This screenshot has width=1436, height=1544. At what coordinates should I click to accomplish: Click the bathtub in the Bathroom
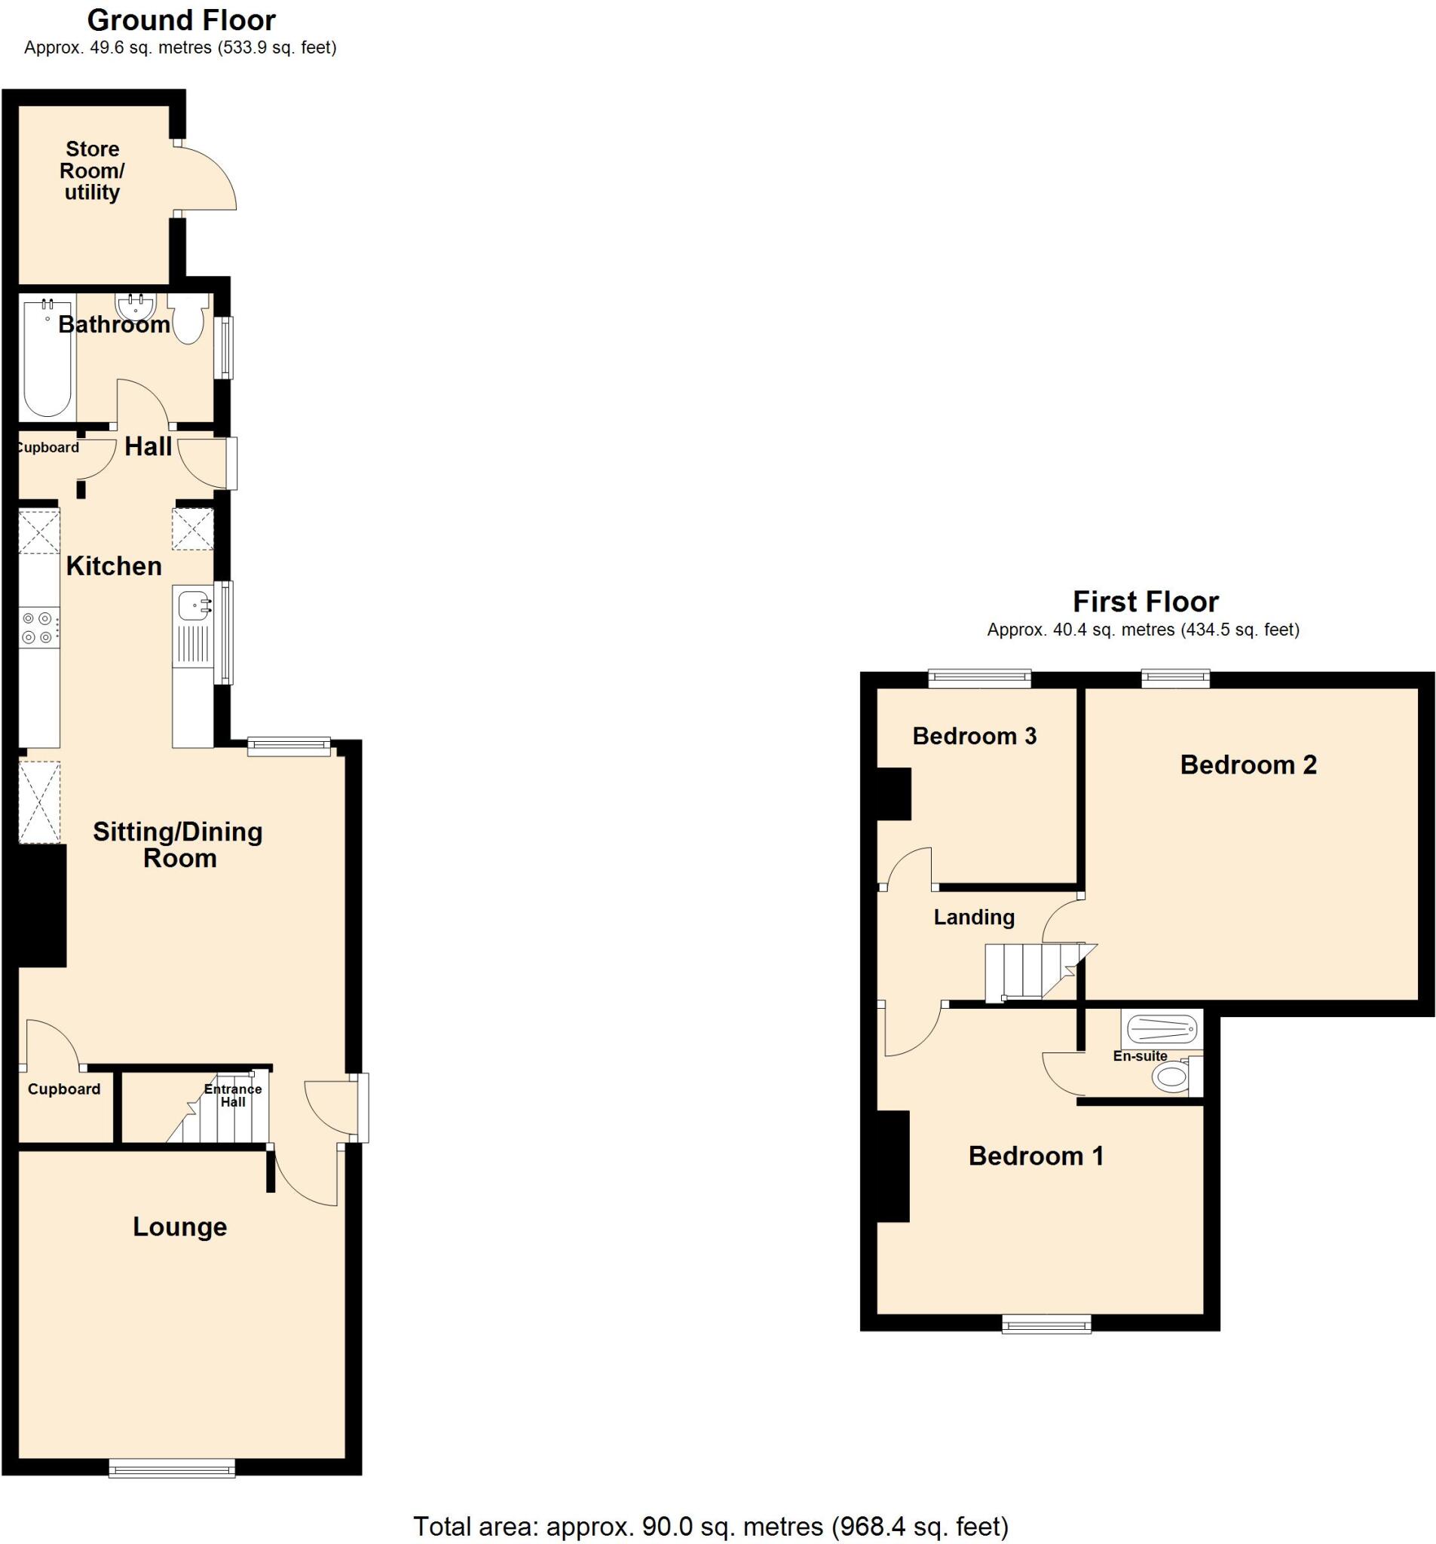(x=47, y=358)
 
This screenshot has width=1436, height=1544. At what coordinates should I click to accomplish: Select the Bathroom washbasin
(x=135, y=305)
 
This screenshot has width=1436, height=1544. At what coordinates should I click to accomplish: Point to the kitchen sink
(x=193, y=603)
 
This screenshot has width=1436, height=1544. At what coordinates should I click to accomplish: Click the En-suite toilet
(x=1170, y=1077)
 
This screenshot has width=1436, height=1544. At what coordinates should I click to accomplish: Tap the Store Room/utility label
(x=92, y=171)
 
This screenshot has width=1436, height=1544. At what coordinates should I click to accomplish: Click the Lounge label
(x=179, y=1227)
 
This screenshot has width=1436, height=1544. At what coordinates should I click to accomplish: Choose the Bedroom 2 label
(x=1248, y=765)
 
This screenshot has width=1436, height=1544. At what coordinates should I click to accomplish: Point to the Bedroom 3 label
(x=974, y=736)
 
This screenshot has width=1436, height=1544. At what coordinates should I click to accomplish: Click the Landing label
(x=973, y=918)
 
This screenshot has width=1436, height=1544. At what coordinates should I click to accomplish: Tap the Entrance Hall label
(x=232, y=1095)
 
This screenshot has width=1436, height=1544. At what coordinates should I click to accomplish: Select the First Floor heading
(x=1145, y=601)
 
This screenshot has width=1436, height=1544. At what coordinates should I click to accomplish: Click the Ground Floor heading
(x=181, y=20)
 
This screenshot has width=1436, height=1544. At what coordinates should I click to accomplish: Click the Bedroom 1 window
(x=1046, y=1323)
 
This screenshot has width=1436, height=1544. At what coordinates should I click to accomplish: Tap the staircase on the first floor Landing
(x=1025, y=970)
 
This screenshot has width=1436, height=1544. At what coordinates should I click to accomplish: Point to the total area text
(x=710, y=1525)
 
